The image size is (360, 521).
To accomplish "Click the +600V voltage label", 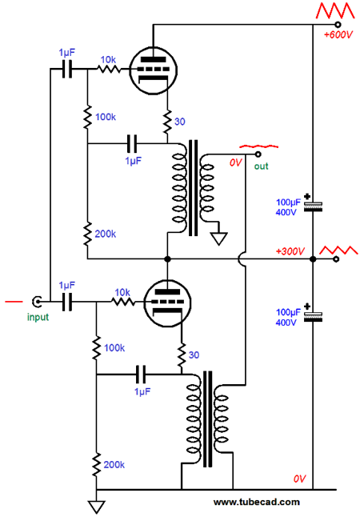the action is point(338,34).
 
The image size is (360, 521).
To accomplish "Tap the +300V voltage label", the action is point(290,251).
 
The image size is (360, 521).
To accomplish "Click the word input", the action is point(38,317).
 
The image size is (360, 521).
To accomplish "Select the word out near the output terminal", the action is point(261,166).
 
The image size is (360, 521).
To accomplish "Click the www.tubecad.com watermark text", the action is point(256,502).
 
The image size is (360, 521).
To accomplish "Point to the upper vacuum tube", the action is point(153,70).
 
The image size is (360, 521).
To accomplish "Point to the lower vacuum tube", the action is point(167,303).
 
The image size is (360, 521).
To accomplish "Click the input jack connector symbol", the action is point(37,302).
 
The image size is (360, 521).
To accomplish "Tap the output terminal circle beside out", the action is point(258,154).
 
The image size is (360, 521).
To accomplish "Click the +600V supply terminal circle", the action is point(338,24).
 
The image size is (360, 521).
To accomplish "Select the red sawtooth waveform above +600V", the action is point(335,10).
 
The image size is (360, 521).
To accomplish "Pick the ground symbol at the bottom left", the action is point(96,507).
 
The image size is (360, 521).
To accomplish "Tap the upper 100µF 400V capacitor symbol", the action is point(313,204).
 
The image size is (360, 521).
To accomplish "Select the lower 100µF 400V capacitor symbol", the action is point(313,315).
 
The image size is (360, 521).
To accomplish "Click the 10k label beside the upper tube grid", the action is point(108,60).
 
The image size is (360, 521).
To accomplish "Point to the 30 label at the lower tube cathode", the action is point(194,355).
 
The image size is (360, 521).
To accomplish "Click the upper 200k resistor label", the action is point(106,234).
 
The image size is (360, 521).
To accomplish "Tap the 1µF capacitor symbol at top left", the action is point(67,69).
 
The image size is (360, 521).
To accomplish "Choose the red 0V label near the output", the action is point(236,162).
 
